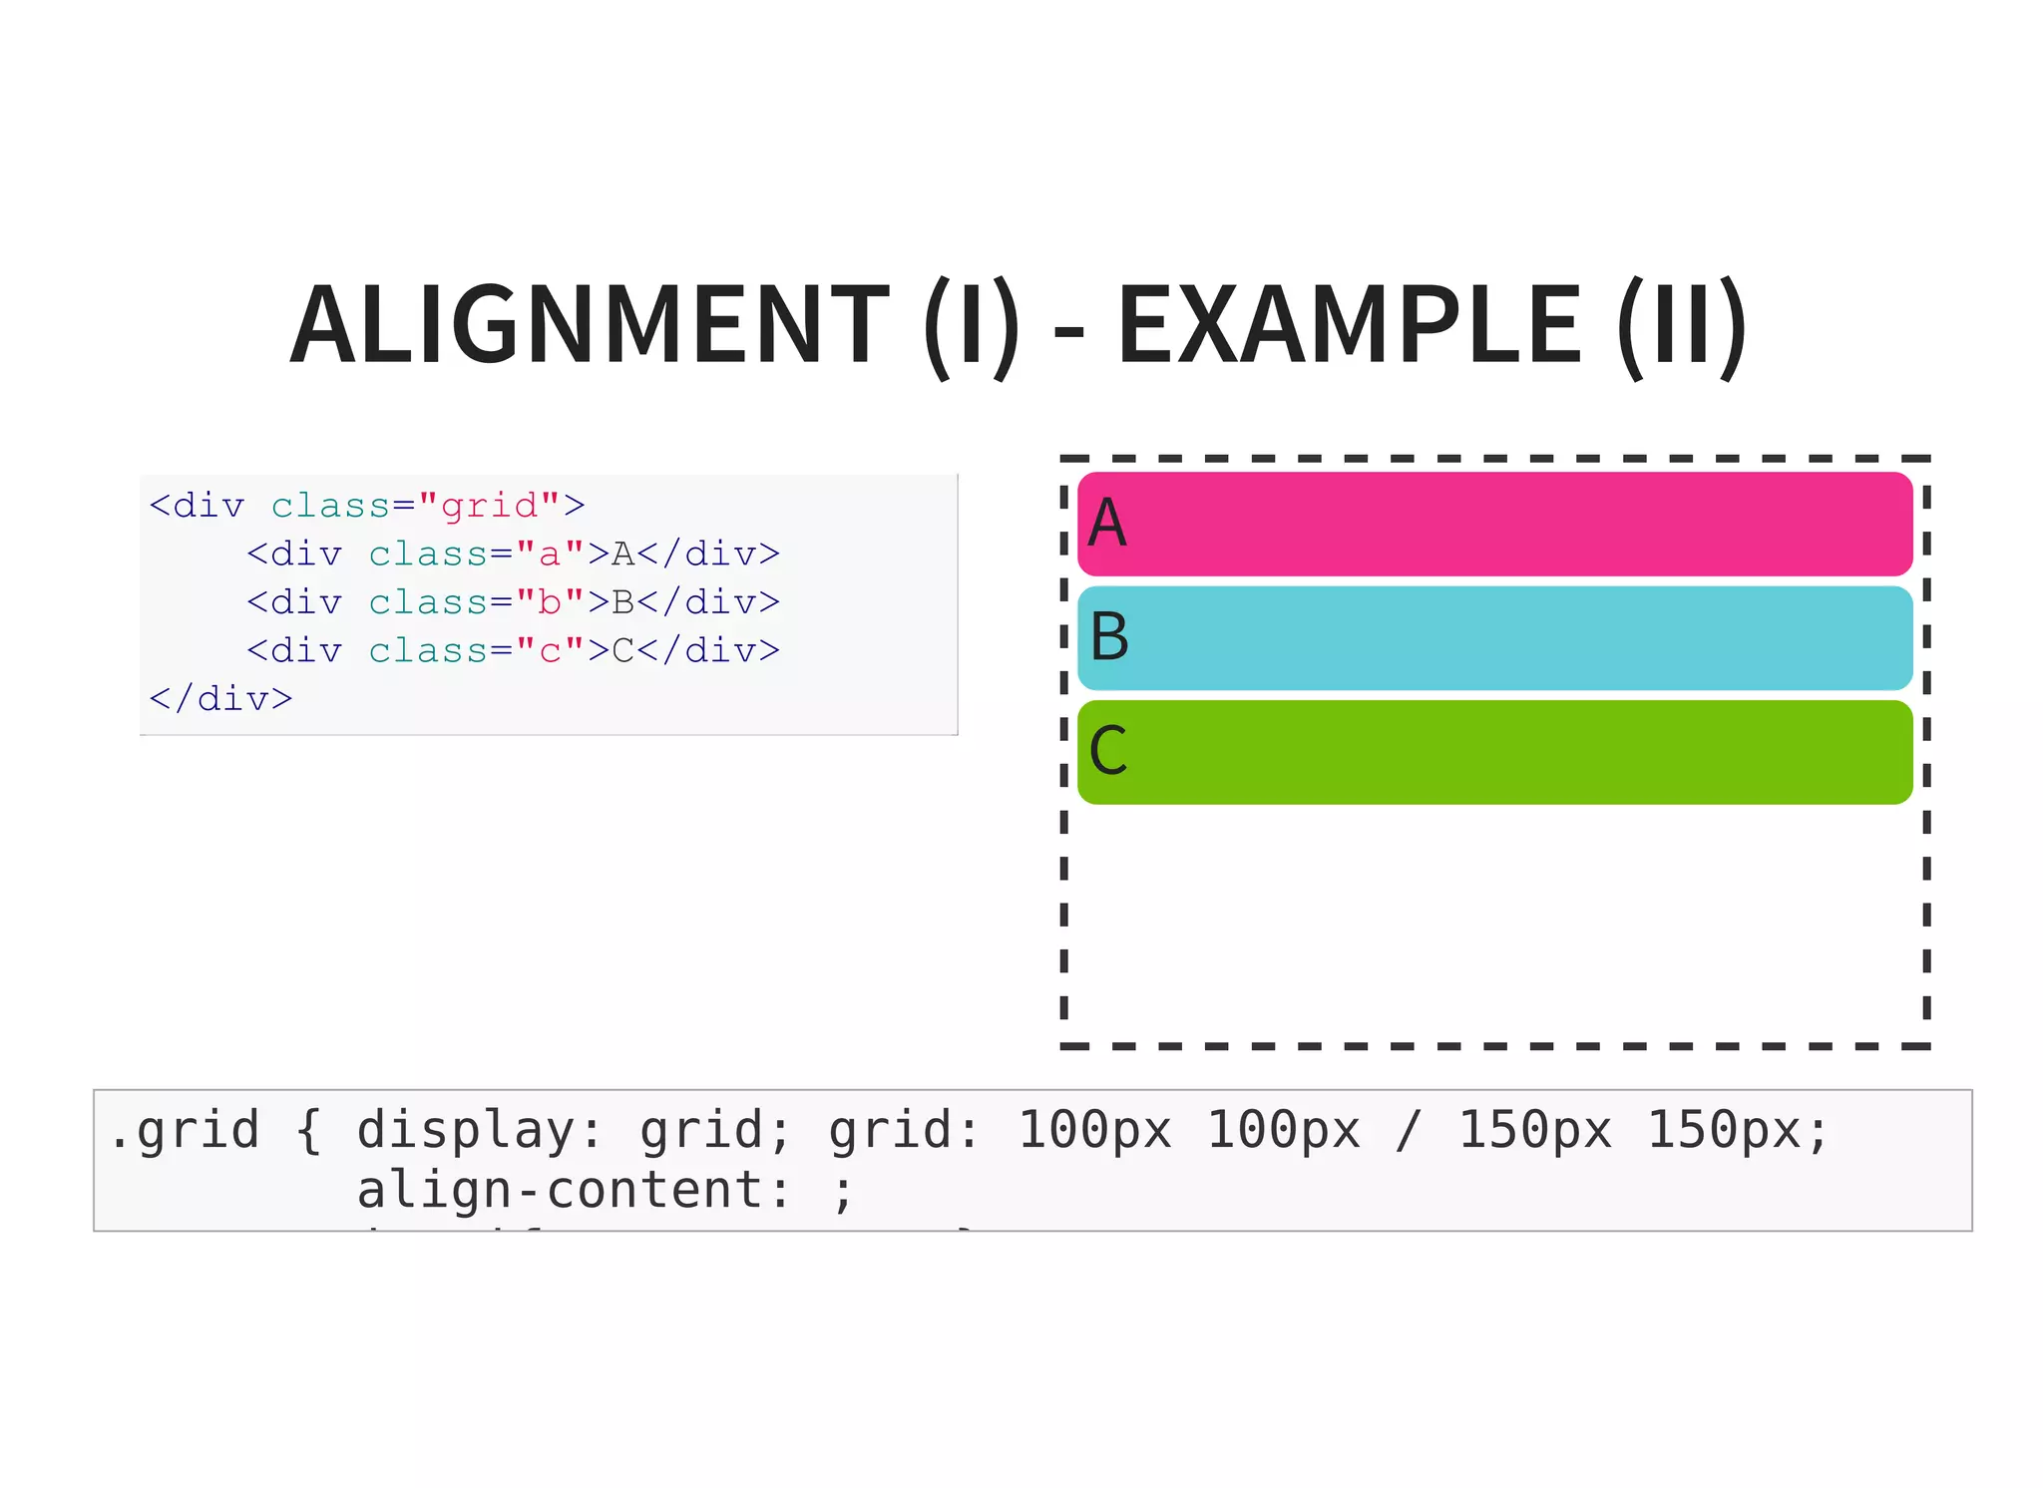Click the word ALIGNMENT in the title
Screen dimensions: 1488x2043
click(x=589, y=325)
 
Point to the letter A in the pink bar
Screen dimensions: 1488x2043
click(x=1107, y=524)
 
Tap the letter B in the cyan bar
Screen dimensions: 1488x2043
click(x=1109, y=637)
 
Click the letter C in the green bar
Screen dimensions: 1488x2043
click(x=1108, y=751)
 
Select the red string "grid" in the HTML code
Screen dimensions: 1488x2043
click(x=490, y=506)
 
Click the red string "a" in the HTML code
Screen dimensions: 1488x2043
click(x=550, y=554)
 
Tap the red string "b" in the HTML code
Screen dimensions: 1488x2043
click(x=550, y=602)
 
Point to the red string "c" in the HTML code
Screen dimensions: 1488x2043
click(x=550, y=650)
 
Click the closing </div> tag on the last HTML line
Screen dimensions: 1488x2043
click(x=220, y=698)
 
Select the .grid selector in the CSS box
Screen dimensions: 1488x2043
click(x=184, y=1131)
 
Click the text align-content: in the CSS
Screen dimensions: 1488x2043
click(x=574, y=1191)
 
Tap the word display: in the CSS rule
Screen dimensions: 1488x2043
click(x=480, y=1131)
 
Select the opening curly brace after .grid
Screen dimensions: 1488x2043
click(x=308, y=1131)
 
